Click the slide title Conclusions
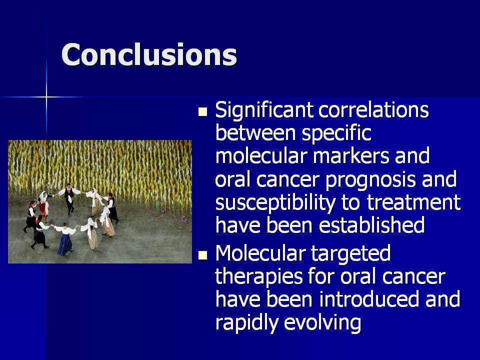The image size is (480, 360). point(149,54)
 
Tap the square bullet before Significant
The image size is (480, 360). point(202,111)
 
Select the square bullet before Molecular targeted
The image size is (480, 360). point(202,255)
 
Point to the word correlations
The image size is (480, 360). point(373,109)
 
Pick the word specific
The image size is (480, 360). point(336,134)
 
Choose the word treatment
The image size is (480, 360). point(413,202)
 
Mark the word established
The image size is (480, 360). point(371,224)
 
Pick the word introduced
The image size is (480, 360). point(369,299)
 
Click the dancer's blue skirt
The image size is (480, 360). point(65,244)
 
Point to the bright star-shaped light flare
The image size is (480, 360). point(46,97)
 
